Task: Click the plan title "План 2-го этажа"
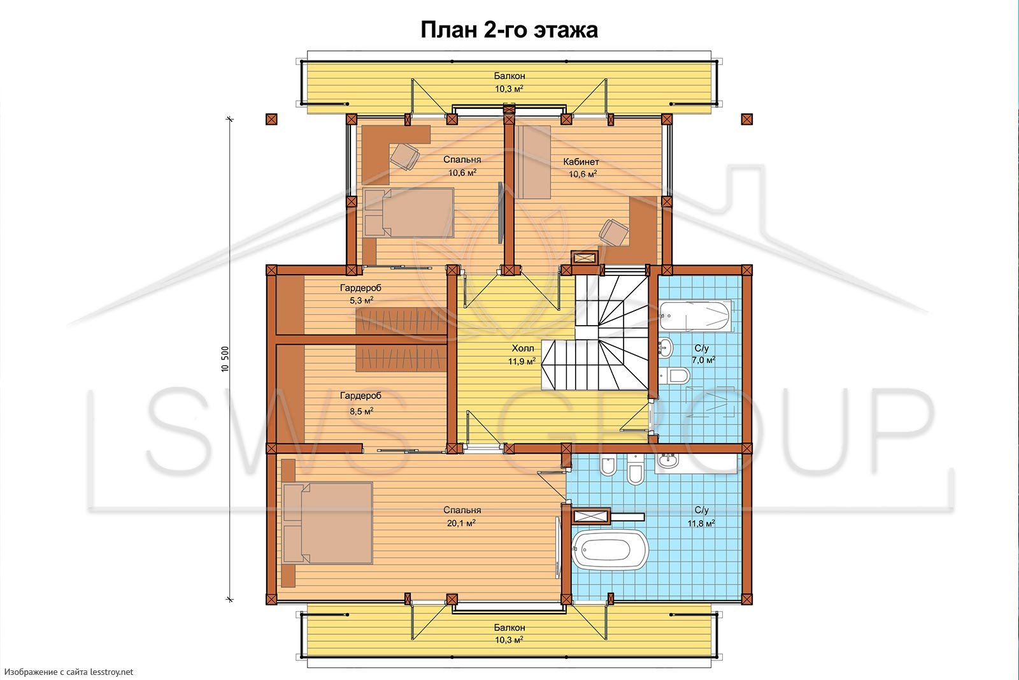tap(509, 30)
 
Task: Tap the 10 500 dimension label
tap(225, 359)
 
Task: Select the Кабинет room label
tap(581, 162)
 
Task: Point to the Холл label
tap(523, 348)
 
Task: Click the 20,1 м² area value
tap(461, 523)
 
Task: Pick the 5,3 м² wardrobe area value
tap(361, 300)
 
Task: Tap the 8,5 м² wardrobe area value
tap(361, 411)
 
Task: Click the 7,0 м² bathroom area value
tap(703, 360)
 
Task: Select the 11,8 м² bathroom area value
tap(701, 523)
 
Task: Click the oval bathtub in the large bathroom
tap(610, 549)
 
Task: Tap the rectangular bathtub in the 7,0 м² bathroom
tap(695, 315)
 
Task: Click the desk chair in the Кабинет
tap(614, 233)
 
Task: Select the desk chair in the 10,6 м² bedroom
tap(405, 156)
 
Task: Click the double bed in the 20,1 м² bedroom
tap(327, 523)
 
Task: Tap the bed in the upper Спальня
tap(408, 213)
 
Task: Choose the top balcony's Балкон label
tap(509, 76)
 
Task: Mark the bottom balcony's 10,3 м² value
tap(509, 640)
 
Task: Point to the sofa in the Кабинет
tap(532, 162)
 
